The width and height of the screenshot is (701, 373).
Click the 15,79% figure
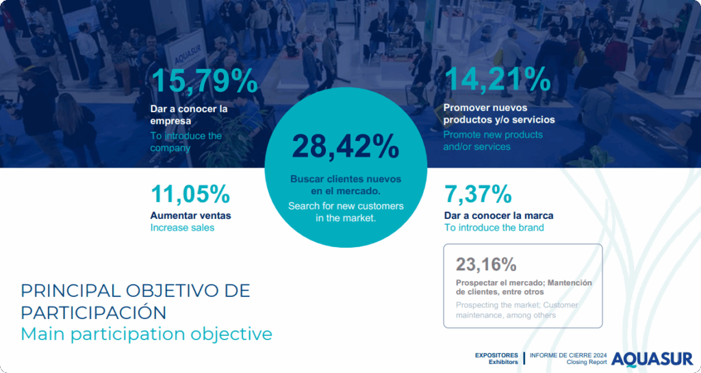(204, 81)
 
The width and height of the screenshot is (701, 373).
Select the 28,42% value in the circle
(346, 146)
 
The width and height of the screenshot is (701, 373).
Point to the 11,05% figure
(190, 194)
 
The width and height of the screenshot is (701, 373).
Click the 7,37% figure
(478, 194)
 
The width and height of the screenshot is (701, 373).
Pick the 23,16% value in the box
(486, 264)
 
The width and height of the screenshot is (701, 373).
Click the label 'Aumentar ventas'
(190, 215)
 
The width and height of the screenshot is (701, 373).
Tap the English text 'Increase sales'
(182, 227)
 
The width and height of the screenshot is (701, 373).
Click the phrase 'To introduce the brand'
(494, 227)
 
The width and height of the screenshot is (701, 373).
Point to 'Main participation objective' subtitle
(146, 334)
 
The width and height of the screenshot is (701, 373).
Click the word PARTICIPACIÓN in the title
(93, 312)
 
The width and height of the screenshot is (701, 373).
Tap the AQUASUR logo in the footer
(652, 359)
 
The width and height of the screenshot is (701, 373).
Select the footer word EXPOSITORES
(496, 355)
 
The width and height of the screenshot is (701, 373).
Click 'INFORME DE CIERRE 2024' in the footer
(568, 355)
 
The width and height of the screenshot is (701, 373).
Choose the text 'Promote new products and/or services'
(493, 140)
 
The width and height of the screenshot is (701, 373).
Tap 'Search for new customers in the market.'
(346, 212)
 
